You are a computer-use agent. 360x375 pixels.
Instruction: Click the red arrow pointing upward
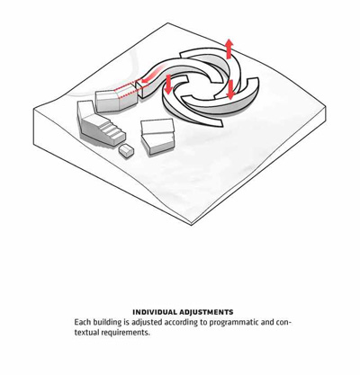tap(229, 49)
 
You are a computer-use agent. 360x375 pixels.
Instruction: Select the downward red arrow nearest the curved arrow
tap(168, 84)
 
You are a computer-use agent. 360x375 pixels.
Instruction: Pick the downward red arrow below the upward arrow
tap(230, 89)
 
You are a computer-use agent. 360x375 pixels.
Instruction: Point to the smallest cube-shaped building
tap(126, 149)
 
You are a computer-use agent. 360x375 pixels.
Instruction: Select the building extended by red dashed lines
tap(116, 100)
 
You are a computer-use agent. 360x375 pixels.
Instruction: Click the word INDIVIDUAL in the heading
tap(154, 312)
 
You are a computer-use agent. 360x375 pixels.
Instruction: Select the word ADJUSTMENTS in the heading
tap(206, 312)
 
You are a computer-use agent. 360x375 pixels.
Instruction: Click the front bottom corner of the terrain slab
tap(191, 225)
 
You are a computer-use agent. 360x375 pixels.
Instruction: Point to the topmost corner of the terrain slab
tap(167, 23)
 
